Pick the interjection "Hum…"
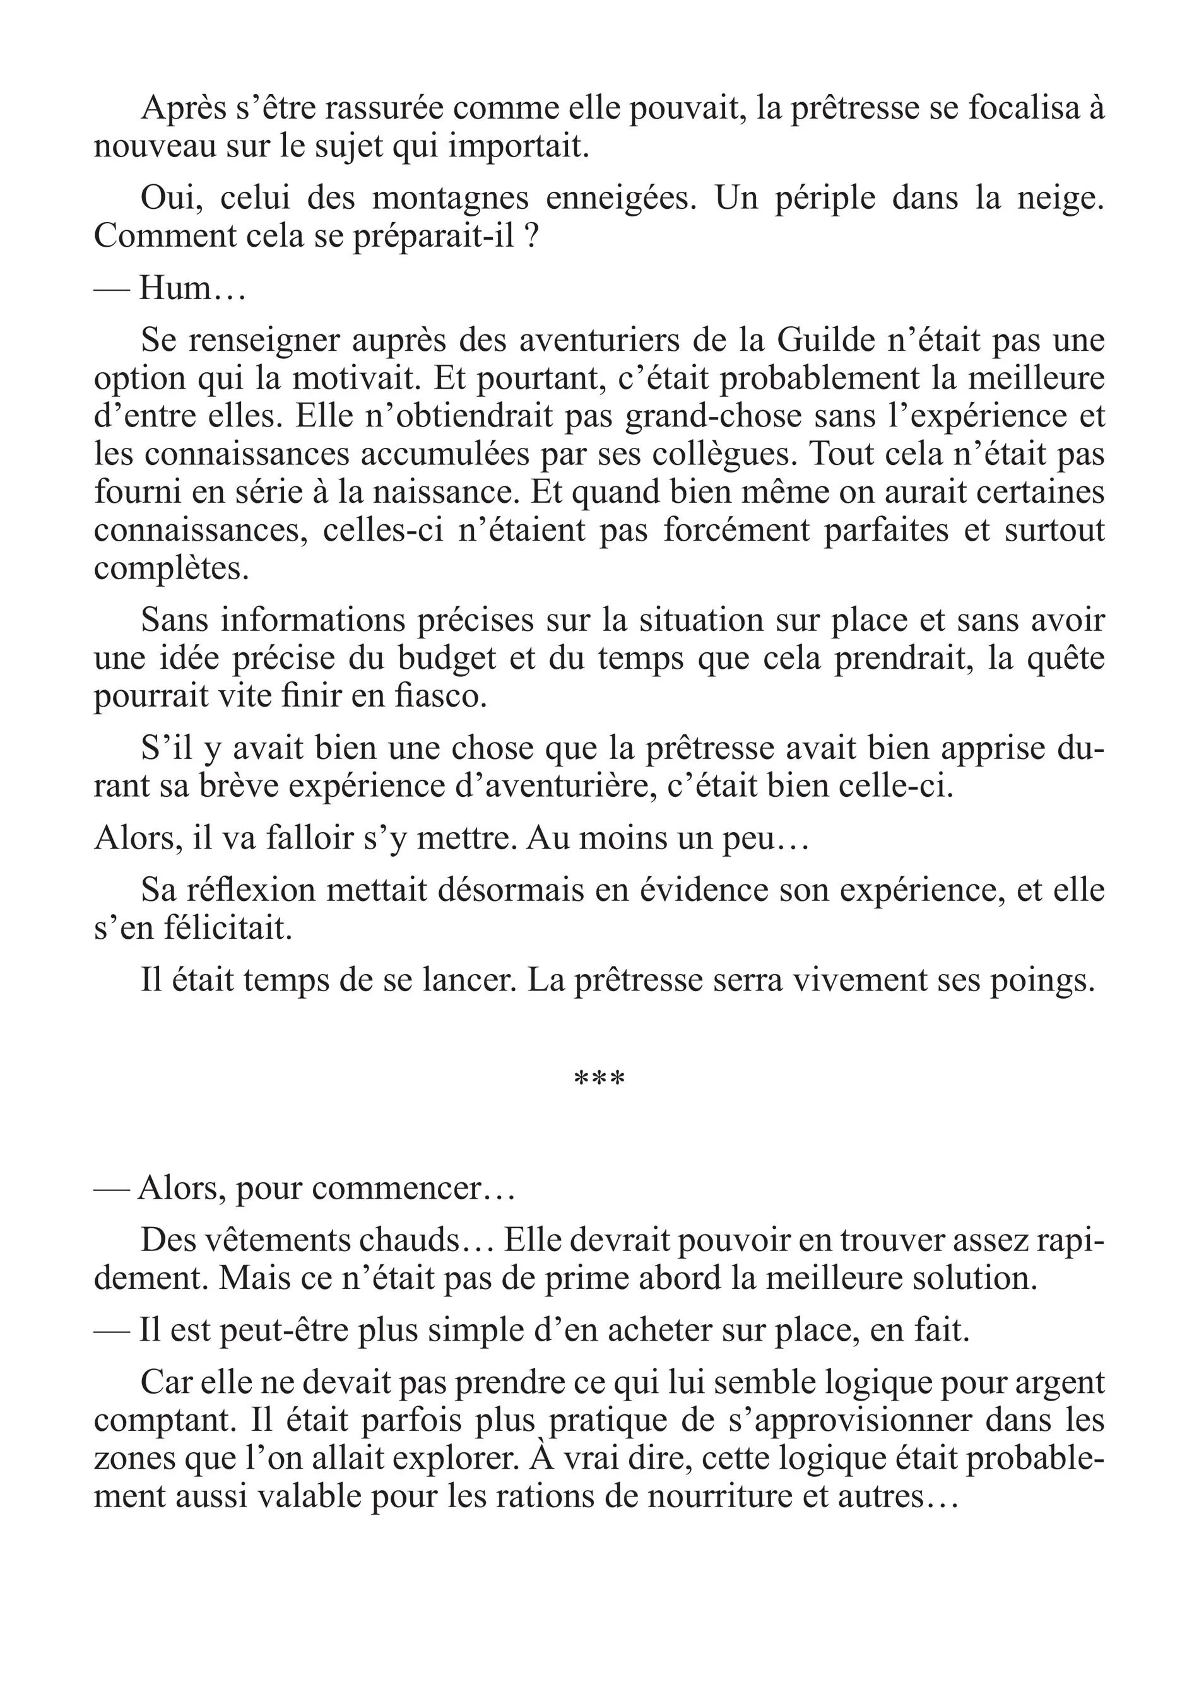(192, 287)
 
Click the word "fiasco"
(445, 696)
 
